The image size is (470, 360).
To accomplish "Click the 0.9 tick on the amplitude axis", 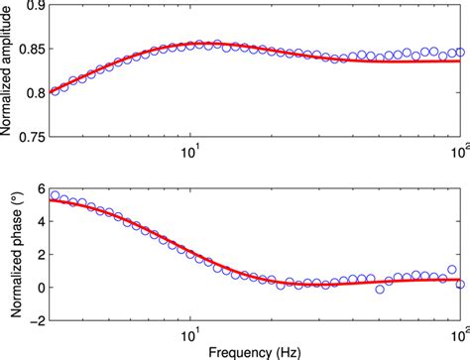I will (32, 7).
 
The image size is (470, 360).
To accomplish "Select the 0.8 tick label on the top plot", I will (32, 94).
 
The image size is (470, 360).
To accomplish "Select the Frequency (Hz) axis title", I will (256, 351).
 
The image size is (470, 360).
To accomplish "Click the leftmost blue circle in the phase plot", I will (55, 195).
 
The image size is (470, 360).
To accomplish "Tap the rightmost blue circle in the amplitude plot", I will (460, 53).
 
